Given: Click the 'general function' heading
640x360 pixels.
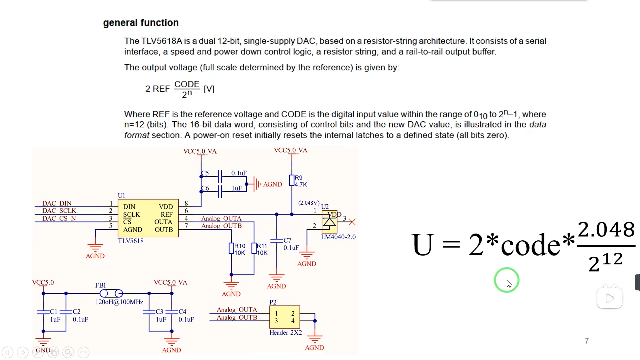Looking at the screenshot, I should click(141, 23).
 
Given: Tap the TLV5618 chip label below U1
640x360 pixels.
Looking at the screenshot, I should click(131, 241).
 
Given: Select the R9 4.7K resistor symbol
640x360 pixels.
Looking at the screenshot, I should click(292, 181).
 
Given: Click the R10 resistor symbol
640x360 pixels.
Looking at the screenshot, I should click(231, 249).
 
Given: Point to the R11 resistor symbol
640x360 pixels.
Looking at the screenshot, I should click(254, 249).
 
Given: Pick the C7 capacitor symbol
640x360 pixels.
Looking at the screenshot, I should click(277, 240).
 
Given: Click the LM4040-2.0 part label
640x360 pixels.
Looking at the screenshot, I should click(338, 237).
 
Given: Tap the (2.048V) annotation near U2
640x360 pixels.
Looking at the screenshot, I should click(309, 203).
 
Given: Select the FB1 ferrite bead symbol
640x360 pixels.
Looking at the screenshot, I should click(111, 293).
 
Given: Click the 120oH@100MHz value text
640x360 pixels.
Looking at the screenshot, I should click(119, 302).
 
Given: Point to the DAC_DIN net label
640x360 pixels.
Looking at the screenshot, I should click(57, 203).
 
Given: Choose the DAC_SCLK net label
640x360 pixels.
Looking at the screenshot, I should click(59, 211).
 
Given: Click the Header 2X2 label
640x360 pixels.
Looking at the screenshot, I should click(286, 333).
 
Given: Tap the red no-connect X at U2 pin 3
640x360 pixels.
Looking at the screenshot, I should click(352, 222).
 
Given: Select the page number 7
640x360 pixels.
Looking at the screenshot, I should click(587, 341).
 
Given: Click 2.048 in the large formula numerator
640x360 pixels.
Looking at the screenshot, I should click(606, 230).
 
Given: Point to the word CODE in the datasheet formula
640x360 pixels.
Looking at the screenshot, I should click(187, 84).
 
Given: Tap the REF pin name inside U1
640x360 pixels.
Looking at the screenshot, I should click(167, 215).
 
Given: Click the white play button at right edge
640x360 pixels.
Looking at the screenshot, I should click(609, 298).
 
